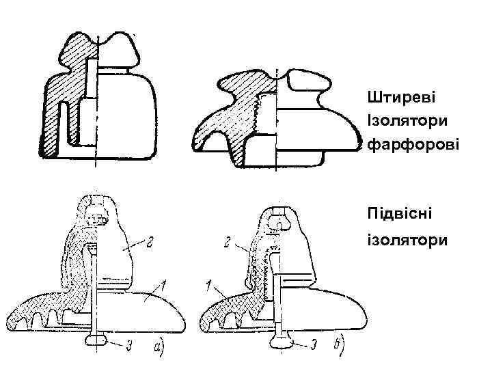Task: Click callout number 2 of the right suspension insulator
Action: [x=228, y=242]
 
